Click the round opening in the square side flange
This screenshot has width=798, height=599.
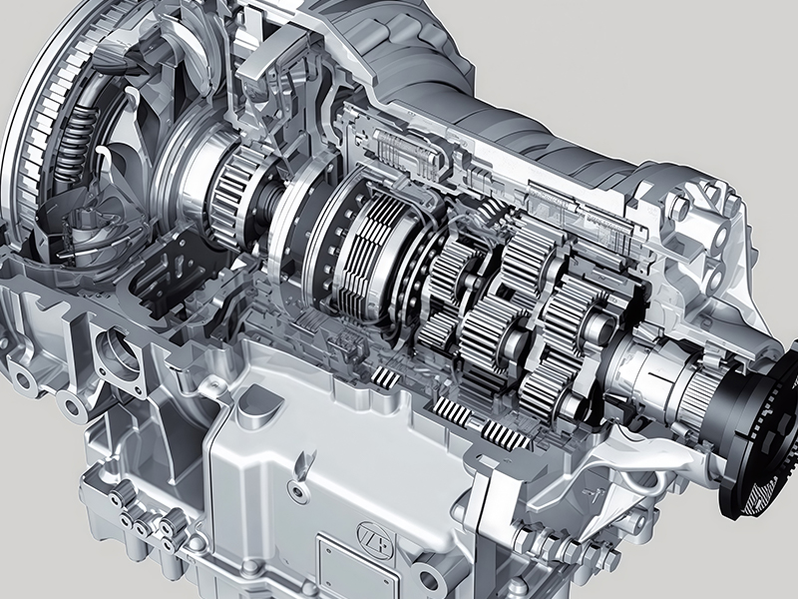pyautogui.click(x=121, y=352)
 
